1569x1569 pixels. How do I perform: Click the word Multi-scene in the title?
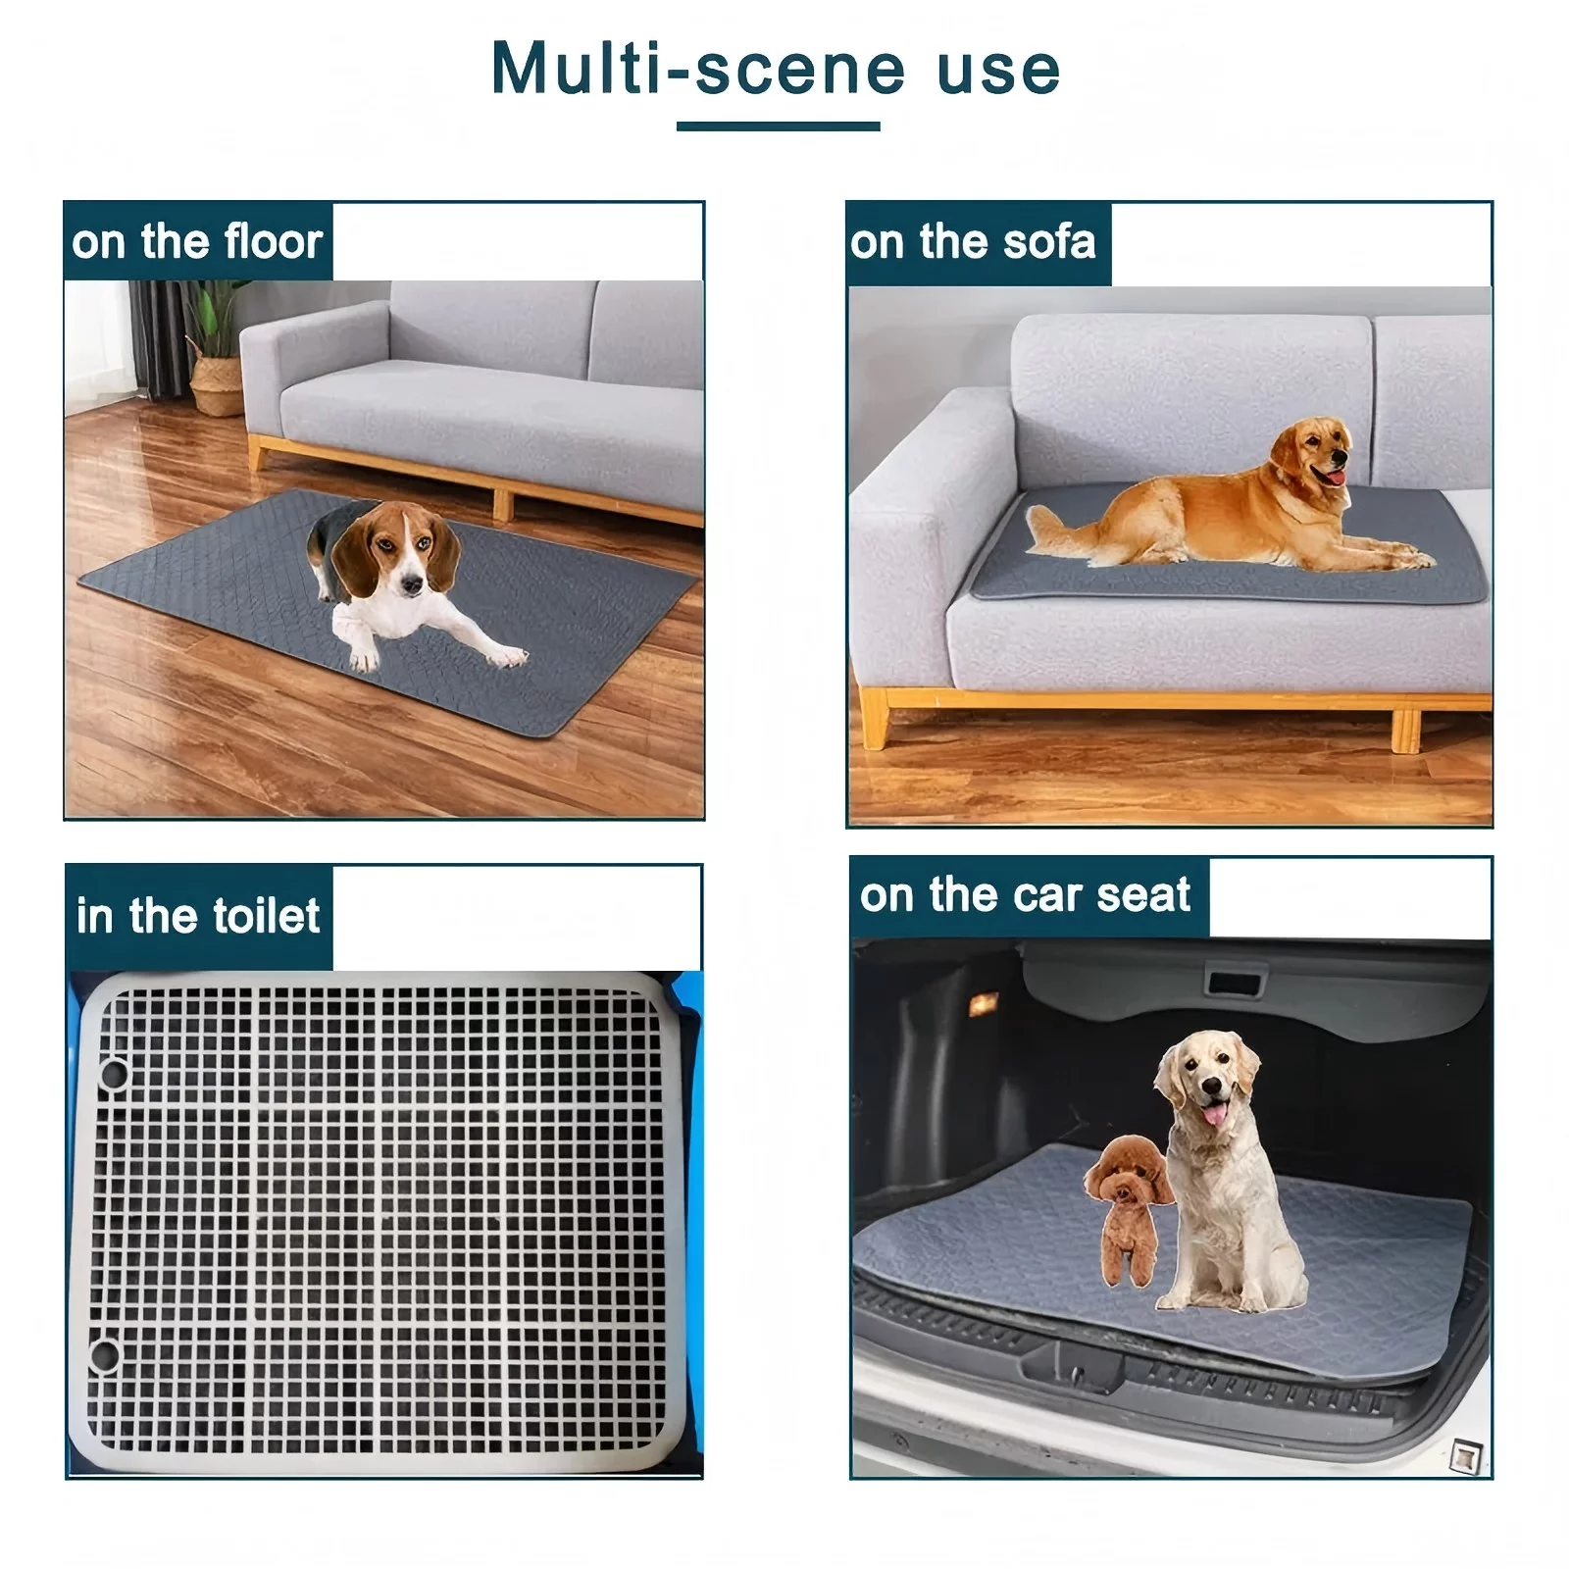coord(698,69)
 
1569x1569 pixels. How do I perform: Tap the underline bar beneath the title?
coord(778,126)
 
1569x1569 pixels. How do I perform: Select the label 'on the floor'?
coord(197,241)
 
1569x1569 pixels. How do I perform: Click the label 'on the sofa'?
coord(973,242)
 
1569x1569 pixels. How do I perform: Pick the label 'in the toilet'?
coord(198,916)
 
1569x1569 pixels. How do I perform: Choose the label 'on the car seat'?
coord(1025,894)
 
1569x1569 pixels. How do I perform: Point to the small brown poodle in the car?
coord(1128,1208)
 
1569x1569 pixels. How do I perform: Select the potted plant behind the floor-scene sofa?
coord(213,347)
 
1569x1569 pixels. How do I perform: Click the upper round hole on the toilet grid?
coord(114,1074)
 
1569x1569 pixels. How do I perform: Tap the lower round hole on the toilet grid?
coord(104,1356)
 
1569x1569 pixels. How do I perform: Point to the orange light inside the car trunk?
coord(983,1003)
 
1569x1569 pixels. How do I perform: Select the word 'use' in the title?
coord(999,71)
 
